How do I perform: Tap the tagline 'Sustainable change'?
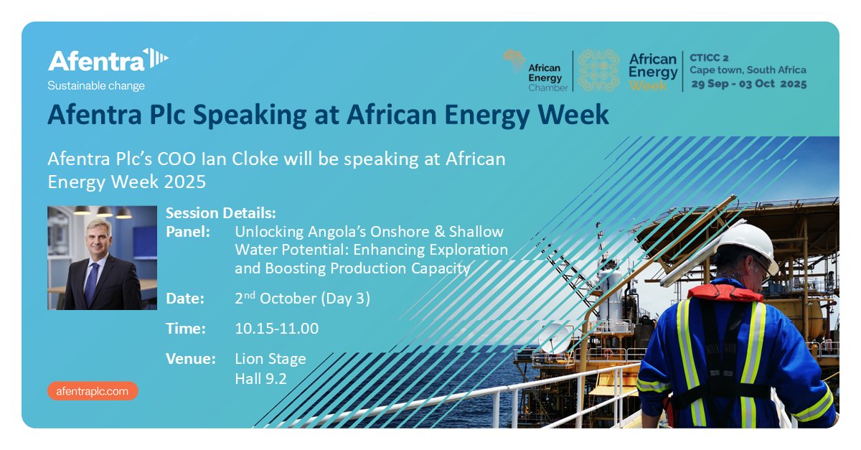pyautogui.click(x=95, y=86)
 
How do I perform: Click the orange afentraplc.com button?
pyautogui.click(x=93, y=391)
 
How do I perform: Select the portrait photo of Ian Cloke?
pyautogui.click(x=102, y=258)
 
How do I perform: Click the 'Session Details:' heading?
pyautogui.click(x=220, y=214)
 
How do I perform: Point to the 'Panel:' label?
pyautogui.click(x=188, y=232)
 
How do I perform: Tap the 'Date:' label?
pyautogui.click(x=185, y=299)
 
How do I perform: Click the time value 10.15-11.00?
pyautogui.click(x=276, y=329)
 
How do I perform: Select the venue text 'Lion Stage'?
pyautogui.click(x=270, y=359)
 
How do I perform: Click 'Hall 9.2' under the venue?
pyautogui.click(x=260, y=378)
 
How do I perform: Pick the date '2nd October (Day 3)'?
pyautogui.click(x=302, y=299)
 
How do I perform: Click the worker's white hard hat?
pyautogui.click(x=746, y=244)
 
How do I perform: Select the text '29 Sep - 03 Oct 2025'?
pyautogui.click(x=748, y=84)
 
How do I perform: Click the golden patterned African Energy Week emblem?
pyautogui.click(x=598, y=71)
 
